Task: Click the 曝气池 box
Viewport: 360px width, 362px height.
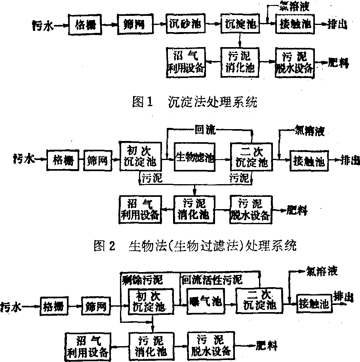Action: [x=204, y=302]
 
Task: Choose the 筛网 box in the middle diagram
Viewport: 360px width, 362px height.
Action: [x=98, y=160]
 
